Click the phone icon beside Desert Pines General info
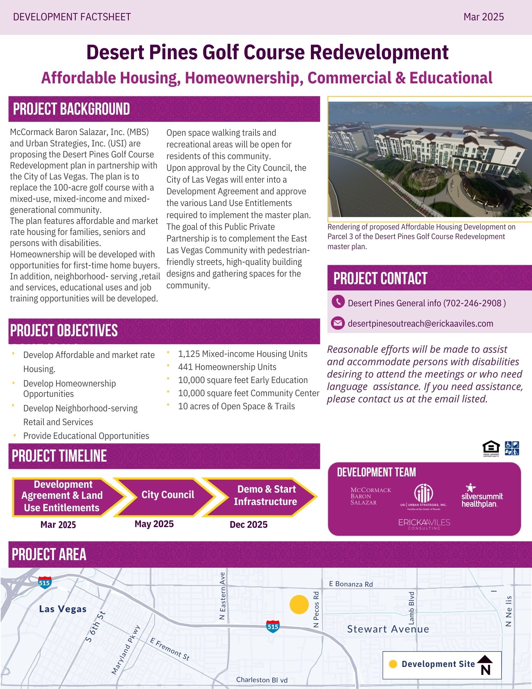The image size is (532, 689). point(338,302)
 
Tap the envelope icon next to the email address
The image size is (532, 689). point(338,323)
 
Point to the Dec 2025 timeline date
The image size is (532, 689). point(248,525)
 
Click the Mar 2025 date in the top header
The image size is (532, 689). point(483,17)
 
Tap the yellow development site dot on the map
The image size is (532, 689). point(299,604)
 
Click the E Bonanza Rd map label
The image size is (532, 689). point(351,584)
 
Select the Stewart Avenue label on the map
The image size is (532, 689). point(388,629)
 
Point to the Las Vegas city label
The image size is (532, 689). point(63,609)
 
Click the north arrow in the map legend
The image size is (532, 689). point(486,665)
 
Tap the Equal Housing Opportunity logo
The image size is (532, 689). point(491,449)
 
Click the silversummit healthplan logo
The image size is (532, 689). point(482,496)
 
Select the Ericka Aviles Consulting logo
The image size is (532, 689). point(424,524)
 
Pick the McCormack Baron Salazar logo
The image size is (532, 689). point(371,496)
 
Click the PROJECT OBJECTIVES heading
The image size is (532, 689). point(64,330)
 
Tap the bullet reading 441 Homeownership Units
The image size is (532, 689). point(227,367)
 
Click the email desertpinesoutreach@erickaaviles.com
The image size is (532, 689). point(420,323)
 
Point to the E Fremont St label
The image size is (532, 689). point(170,649)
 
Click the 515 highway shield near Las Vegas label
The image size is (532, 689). point(44,583)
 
